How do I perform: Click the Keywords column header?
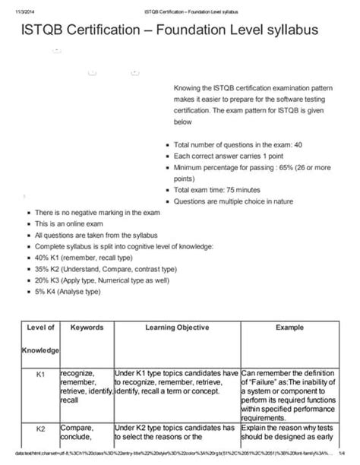tap(86, 327)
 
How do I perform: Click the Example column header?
tap(289, 327)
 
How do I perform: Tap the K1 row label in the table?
tap(41, 375)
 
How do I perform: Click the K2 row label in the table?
tap(41, 429)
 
